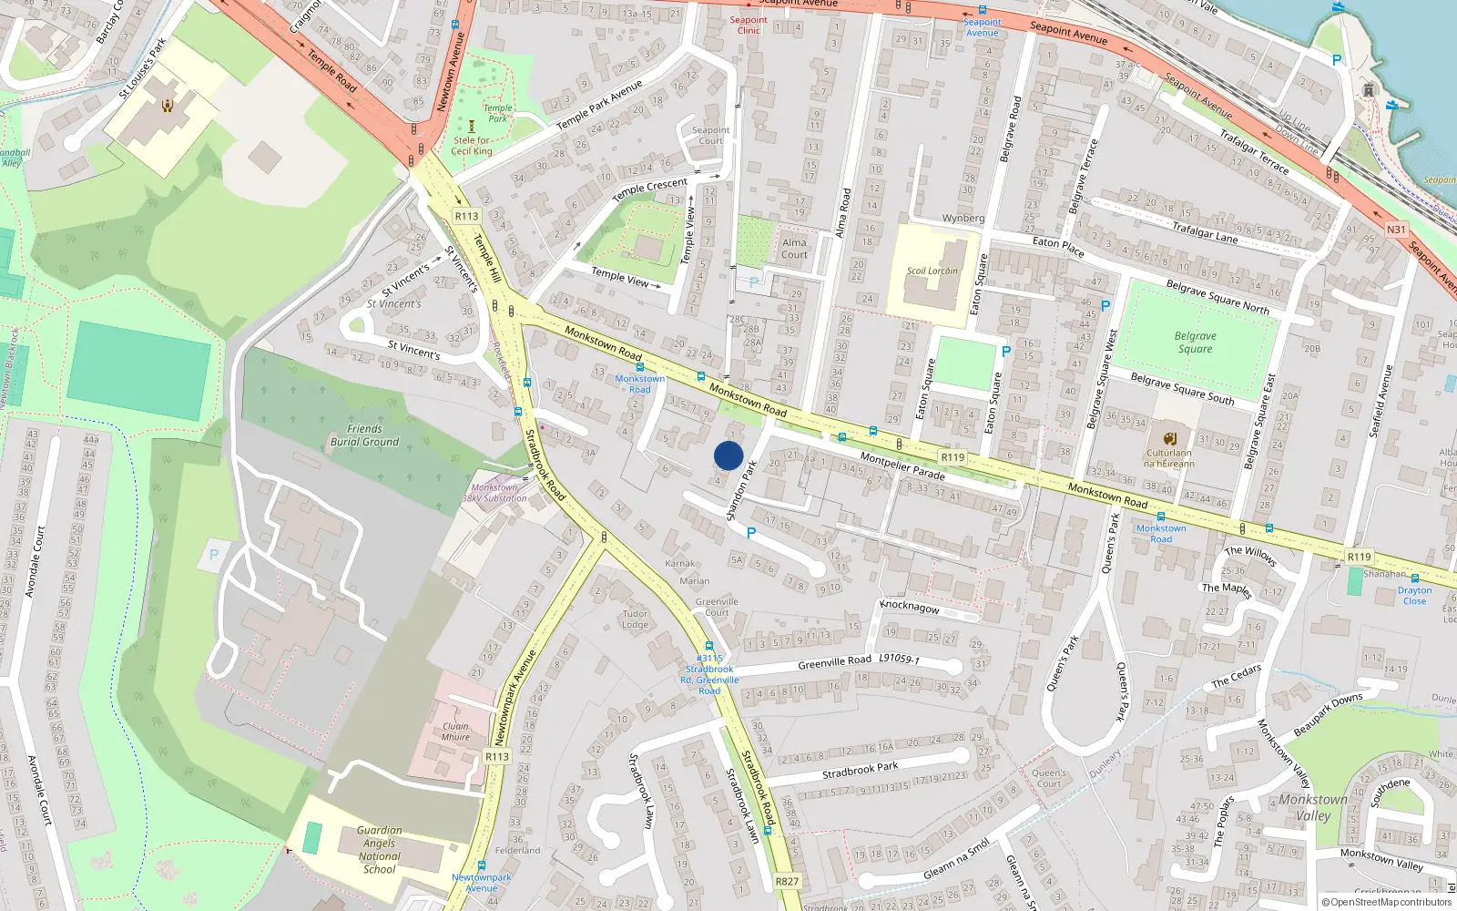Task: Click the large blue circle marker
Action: tap(728, 455)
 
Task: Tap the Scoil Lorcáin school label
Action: tap(932, 271)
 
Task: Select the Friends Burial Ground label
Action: tap(364, 435)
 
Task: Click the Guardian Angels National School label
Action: tap(380, 850)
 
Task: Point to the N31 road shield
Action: tap(1396, 230)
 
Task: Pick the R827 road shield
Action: tap(787, 881)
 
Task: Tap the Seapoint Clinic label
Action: tap(749, 25)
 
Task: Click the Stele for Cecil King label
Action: tap(472, 146)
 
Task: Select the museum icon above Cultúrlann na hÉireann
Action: tap(1170, 438)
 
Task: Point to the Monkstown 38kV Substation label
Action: tap(494, 493)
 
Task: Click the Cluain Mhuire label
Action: tap(455, 732)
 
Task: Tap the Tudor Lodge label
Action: tap(636, 619)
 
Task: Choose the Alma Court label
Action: tap(794, 248)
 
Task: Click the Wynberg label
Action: tap(963, 219)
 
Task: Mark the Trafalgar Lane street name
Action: tap(1204, 233)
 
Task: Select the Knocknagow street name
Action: tap(909, 607)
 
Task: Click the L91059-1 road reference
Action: tap(899, 659)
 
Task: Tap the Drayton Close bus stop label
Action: tap(1414, 596)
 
